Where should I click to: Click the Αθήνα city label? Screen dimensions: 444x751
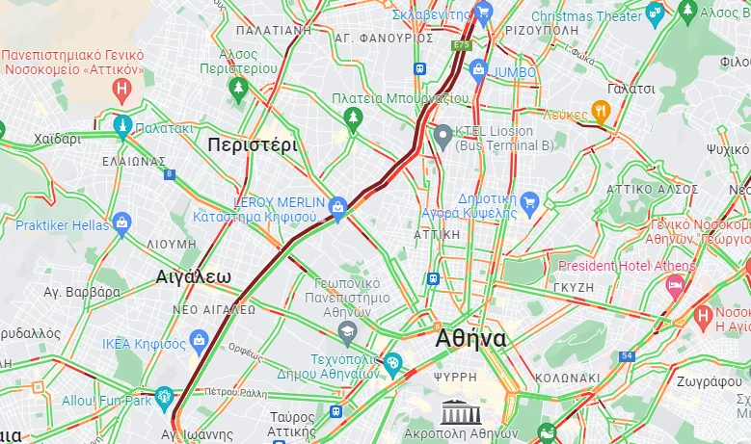click(x=470, y=339)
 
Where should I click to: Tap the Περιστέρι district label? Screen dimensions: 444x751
click(x=253, y=145)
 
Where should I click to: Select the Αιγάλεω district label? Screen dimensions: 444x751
click(x=194, y=277)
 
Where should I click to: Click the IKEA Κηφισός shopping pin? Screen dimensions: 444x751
click(x=200, y=339)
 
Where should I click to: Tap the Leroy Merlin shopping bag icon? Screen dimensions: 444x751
click(x=337, y=206)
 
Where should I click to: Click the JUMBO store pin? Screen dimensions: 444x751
click(x=478, y=70)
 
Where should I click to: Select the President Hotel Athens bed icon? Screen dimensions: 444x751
click(x=675, y=285)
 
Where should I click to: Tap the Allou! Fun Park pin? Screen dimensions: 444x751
click(x=164, y=396)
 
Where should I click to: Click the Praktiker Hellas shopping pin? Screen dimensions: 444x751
click(x=121, y=224)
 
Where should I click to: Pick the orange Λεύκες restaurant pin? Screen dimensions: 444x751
click(x=601, y=112)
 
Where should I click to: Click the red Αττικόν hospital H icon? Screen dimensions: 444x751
click(x=121, y=91)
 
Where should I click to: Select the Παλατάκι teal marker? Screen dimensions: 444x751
click(x=122, y=125)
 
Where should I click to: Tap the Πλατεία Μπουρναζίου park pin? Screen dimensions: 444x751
click(x=353, y=118)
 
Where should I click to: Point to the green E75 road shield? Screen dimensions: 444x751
click(x=462, y=44)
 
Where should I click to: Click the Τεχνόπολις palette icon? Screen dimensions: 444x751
click(x=392, y=365)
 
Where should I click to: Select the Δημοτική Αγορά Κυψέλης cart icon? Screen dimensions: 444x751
click(x=529, y=201)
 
